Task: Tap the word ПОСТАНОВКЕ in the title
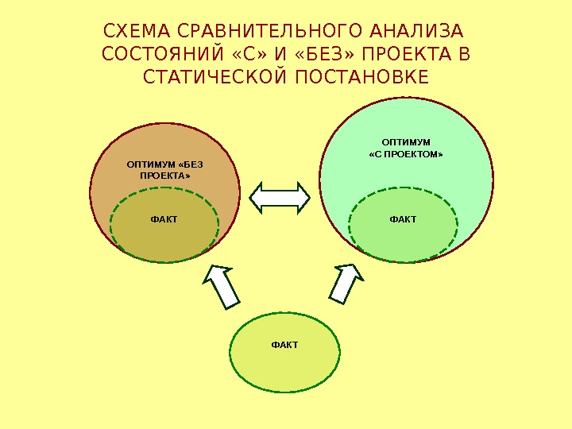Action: tap(361, 77)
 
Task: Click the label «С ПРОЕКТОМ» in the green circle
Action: tap(406, 155)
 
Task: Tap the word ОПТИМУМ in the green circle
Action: tap(406, 143)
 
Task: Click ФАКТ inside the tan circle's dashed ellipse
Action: tap(164, 219)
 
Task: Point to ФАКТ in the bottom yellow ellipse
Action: tap(284, 345)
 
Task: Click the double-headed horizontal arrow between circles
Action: tap(280, 197)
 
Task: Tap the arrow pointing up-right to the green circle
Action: tap(346, 284)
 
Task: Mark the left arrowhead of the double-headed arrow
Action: tap(259, 197)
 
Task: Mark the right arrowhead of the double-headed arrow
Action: tap(303, 197)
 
